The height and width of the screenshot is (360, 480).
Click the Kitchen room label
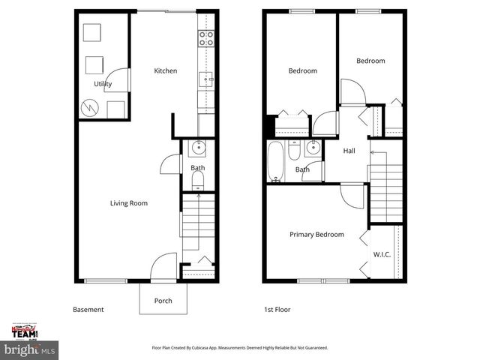pos(165,71)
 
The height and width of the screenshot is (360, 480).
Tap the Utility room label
pos(103,84)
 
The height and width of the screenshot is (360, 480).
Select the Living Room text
pos(128,202)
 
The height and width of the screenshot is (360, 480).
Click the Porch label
pos(163,301)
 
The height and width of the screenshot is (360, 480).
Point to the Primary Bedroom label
pos(316,235)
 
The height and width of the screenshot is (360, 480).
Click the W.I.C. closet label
pos(382,254)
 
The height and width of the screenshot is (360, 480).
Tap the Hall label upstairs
pos(349,151)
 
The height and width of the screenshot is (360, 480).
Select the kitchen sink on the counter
pos(206,77)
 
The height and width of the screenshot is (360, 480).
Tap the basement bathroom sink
pos(196,148)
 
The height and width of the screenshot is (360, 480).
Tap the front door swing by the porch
pos(161,266)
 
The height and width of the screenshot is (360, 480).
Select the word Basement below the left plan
pos(88,310)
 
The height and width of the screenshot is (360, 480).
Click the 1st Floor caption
pos(277,310)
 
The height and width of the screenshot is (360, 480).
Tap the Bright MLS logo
pos(30,349)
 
